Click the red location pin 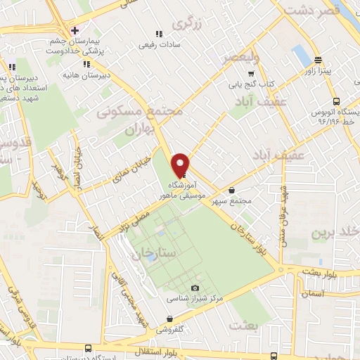click(x=181, y=164)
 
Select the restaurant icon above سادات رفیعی click(x=157, y=33)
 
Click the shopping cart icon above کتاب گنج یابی click(x=251, y=73)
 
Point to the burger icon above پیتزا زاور click(x=319, y=60)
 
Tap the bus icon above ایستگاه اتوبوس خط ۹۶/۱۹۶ click(x=336, y=101)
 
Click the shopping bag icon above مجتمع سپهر click(x=233, y=189)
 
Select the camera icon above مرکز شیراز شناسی click(x=195, y=288)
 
